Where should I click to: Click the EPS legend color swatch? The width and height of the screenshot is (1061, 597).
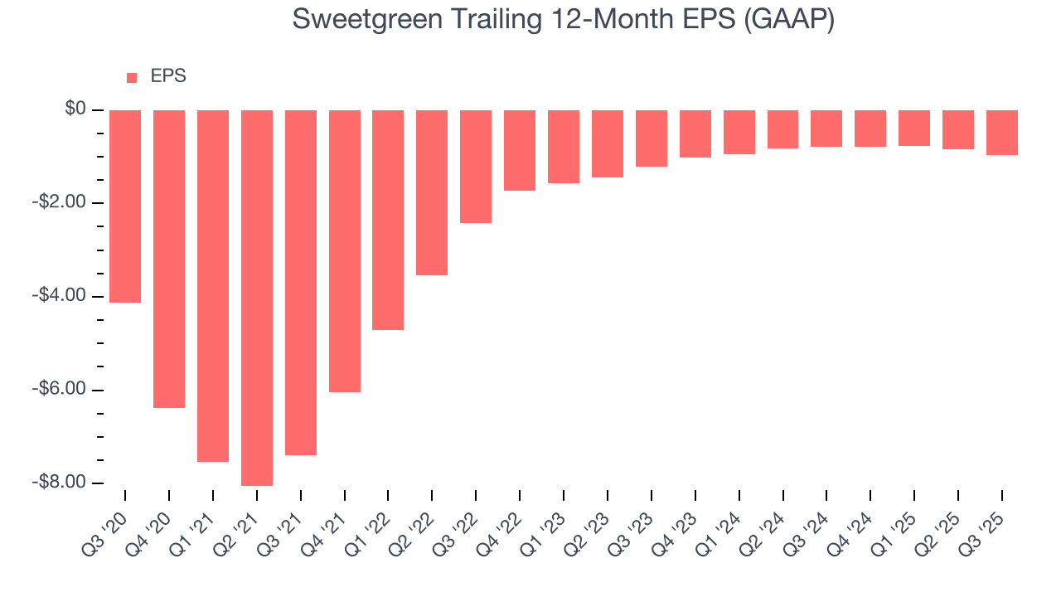(x=132, y=78)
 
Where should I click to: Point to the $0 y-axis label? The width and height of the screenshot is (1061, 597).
(x=75, y=109)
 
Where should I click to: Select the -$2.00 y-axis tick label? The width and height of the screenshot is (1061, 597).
(x=60, y=203)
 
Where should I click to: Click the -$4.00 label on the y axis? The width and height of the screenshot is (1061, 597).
(x=60, y=296)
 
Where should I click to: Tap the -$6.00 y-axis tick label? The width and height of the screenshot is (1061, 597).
(x=60, y=390)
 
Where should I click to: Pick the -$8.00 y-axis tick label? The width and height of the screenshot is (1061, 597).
(x=60, y=483)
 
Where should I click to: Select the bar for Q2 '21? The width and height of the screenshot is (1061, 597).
(x=257, y=298)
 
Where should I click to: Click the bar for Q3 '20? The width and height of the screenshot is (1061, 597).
(x=125, y=206)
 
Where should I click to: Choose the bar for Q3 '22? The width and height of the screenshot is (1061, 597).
(x=476, y=167)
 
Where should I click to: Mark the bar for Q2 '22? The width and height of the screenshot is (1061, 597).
(x=432, y=192)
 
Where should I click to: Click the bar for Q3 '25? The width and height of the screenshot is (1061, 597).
(x=1002, y=133)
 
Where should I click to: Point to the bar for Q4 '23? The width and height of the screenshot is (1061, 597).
(x=695, y=133)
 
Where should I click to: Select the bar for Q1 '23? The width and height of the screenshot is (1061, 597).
(x=564, y=147)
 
